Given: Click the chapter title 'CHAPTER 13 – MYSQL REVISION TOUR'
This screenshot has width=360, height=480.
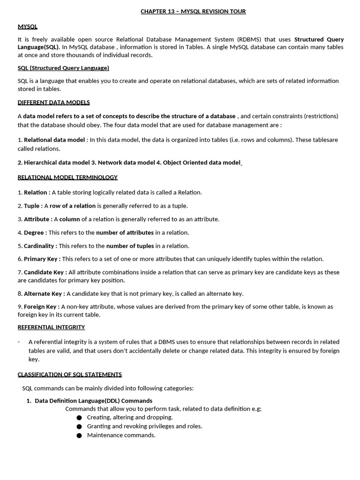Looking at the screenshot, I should pos(193,11).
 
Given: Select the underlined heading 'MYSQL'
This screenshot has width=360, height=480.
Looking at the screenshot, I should pos(28,26).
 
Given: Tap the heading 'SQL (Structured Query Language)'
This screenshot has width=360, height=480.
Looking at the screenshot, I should pos(63,68).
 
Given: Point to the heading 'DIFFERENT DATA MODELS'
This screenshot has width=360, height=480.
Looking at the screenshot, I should pos(53,102).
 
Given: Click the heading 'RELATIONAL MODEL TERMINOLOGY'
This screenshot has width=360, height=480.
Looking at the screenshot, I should pos(67,177).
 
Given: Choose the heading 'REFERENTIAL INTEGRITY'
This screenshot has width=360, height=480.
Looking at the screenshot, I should pos(51,327).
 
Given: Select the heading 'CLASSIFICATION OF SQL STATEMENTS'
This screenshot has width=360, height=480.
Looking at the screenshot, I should pos(69,374).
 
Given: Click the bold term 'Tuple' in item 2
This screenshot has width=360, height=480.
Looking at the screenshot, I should pos(32,206).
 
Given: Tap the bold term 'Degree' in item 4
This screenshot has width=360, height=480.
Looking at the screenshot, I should pos(35,232).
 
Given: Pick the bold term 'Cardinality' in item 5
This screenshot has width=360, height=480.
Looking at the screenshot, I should pos(39,246).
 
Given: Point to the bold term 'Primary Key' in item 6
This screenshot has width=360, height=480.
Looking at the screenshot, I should pos(41,259).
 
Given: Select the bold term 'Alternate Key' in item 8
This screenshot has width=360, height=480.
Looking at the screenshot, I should pos(44,293).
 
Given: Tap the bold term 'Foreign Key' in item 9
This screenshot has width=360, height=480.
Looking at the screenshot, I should pos(41,307).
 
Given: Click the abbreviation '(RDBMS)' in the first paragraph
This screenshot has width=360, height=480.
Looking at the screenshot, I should pos(250,39).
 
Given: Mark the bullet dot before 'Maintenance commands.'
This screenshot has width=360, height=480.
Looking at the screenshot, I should pos(79,435).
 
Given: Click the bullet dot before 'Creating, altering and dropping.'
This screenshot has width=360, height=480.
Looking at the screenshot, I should pos(79,418).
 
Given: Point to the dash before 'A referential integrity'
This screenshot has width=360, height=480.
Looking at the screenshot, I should pos(19,342).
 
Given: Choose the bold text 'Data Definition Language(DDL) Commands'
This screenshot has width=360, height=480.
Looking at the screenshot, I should pos(93,401).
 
